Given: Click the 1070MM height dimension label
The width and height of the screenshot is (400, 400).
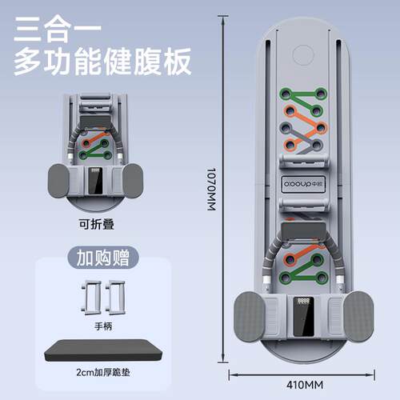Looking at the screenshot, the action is [211, 190].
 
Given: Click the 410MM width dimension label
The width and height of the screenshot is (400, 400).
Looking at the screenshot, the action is [305, 385].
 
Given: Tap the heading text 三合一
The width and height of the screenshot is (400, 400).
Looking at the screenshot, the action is [58, 30].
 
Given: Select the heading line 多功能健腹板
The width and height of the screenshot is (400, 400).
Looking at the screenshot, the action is [102, 62].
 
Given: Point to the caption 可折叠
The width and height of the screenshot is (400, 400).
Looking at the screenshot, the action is [97, 224].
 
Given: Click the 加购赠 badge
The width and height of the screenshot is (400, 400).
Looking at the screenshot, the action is [103, 258].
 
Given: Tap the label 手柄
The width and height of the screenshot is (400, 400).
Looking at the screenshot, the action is [103, 326].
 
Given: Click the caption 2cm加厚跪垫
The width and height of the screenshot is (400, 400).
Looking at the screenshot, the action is [103, 372].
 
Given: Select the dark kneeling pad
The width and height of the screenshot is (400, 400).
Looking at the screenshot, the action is [103, 350].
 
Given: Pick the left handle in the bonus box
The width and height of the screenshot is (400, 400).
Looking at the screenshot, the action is [90, 298].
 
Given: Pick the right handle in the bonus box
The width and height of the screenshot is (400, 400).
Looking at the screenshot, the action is [115, 298].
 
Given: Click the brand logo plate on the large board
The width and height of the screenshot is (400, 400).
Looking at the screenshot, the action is [303, 184].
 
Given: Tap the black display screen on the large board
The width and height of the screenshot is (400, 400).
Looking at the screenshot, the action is [303, 317].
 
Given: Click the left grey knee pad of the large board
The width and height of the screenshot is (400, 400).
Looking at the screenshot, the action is [250, 316].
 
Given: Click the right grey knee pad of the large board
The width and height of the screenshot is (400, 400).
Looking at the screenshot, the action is [358, 316].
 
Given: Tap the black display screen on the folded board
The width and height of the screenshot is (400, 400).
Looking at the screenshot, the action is [95, 181].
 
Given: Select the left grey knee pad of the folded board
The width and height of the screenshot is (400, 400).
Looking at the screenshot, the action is [58, 181].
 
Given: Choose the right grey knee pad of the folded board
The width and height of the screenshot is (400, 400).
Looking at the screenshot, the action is [133, 181].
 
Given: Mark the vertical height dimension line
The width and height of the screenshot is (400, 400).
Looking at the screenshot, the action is [223, 190].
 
